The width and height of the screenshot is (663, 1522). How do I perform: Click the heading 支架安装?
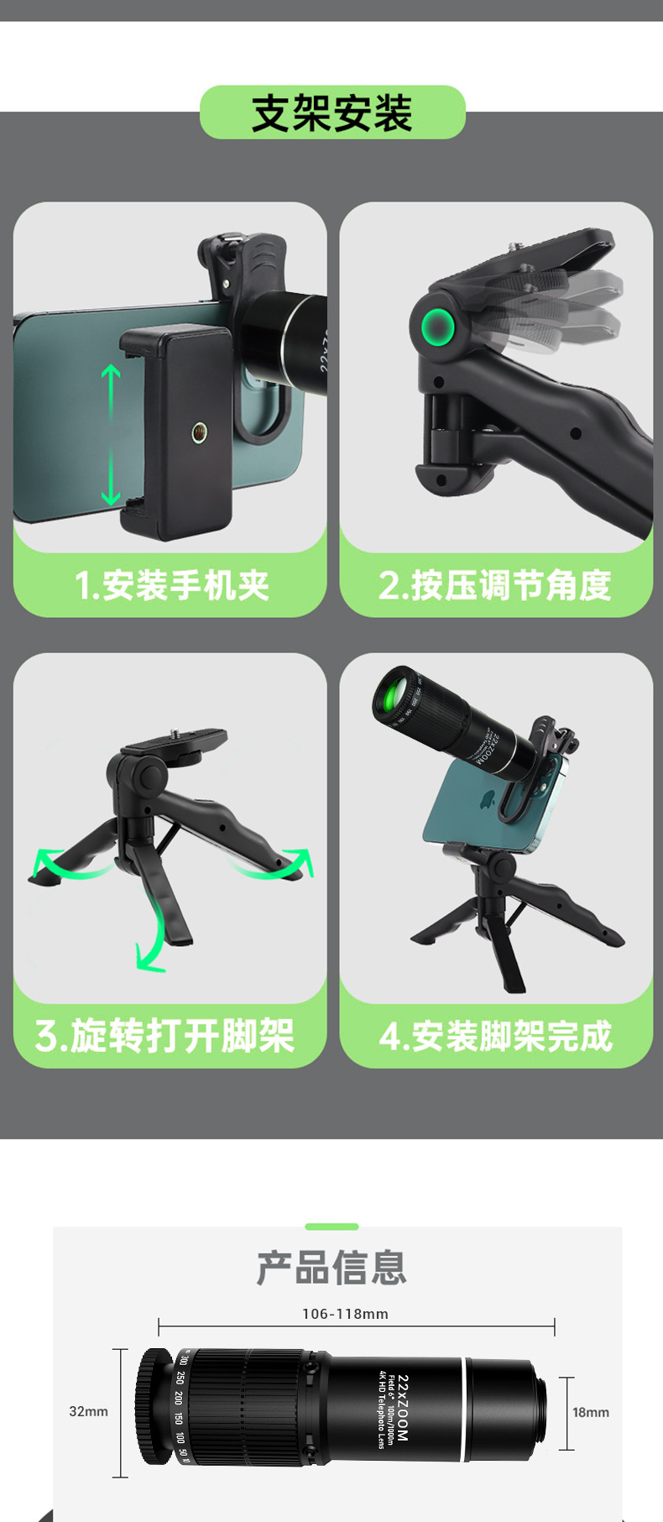(x=332, y=113)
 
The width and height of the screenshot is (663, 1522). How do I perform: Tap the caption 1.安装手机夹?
(x=171, y=585)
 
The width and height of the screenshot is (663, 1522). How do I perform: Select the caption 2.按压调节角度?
(x=495, y=585)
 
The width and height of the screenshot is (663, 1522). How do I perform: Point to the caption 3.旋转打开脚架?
(x=165, y=1036)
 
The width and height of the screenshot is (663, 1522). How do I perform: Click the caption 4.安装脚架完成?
(x=495, y=1036)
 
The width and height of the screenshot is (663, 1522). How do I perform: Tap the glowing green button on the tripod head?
(x=437, y=326)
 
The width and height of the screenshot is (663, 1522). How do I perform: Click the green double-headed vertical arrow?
(x=112, y=435)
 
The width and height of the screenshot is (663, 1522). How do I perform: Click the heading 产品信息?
(x=332, y=1268)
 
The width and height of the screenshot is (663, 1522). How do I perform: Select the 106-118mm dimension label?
(x=345, y=1314)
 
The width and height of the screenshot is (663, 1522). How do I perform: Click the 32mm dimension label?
(x=88, y=1411)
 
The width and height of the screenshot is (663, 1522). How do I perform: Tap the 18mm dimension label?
(x=591, y=1412)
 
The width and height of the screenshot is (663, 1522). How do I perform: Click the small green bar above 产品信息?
(x=331, y=1226)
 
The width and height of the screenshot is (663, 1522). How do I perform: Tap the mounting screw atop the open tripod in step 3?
(x=178, y=732)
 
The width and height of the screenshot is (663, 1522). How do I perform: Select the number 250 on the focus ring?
(x=180, y=1378)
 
